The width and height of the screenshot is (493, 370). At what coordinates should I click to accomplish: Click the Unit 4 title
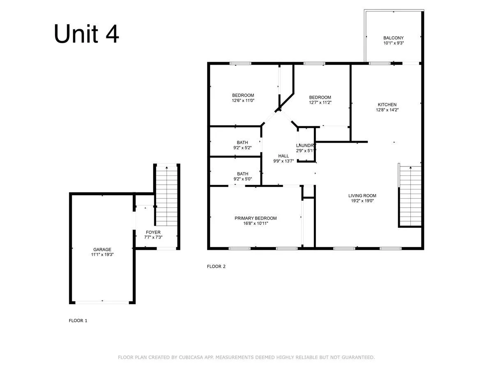point(86,34)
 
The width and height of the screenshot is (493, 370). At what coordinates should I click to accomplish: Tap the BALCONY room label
point(393,38)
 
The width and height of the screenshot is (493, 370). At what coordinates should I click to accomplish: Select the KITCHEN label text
point(387,105)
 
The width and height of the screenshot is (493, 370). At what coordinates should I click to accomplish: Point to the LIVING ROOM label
point(362,196)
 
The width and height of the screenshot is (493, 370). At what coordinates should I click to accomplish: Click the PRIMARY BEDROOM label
point(256,218)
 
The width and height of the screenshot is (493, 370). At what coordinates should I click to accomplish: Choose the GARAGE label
point(102,250)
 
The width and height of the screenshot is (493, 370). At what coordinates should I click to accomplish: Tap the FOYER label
point(153,232)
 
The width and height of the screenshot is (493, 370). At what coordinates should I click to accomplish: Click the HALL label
point(283,156)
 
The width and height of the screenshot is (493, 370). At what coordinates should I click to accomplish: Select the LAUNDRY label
point(305,146)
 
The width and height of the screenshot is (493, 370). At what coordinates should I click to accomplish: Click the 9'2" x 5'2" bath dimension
point(242,148)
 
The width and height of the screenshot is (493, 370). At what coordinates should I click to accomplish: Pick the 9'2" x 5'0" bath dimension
point(242,179)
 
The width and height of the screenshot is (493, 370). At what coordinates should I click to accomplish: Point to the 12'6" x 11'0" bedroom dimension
point(243,100)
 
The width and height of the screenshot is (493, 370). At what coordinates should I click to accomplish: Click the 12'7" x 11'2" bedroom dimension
point(320,102)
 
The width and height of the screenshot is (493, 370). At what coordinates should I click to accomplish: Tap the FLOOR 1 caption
point(78,321)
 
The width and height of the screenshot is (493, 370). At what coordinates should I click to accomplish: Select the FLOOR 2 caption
point(216,266)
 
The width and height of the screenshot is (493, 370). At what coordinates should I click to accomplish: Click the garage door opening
point(102,303)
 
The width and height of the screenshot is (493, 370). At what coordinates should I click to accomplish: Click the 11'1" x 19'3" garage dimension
point(102,254)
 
